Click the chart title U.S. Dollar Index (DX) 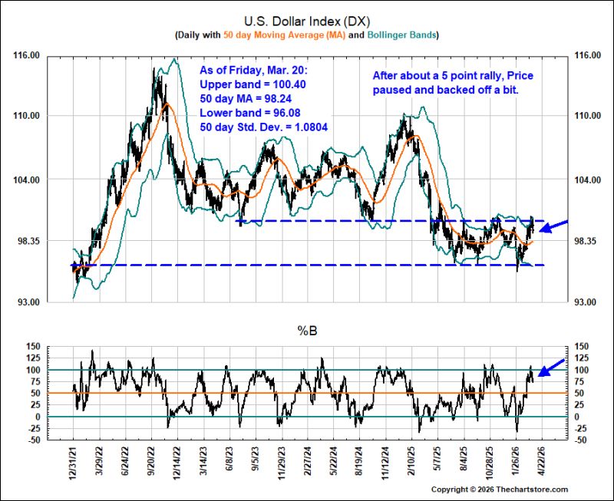point(307,21)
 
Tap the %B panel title point(308,331)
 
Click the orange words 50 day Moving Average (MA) point(284,35)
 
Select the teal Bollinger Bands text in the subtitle point(401,35)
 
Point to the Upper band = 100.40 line point(253,84)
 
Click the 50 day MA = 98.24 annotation point(246,99)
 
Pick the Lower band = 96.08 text point(250,113)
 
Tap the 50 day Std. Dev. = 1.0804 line point(263,127)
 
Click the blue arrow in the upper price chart point(553,226)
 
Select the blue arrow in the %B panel point(551,368)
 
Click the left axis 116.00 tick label point(27,55)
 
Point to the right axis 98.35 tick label point(587,241)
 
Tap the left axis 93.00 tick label point(27,302)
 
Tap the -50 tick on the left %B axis point(34,440)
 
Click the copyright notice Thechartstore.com point(500,489)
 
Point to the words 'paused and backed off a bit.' point(446,90)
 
